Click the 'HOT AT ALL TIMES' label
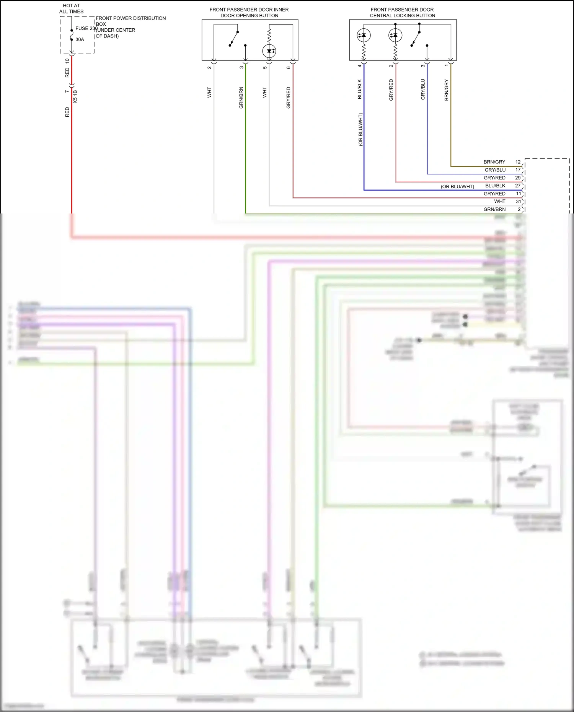[71, 8]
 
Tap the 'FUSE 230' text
[86, 28]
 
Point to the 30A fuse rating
[80, 39]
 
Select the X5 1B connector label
[75, 96]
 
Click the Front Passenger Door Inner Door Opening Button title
[249, 12]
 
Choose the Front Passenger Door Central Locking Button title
[402, 12]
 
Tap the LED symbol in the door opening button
[269, 51]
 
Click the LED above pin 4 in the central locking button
[364, 35]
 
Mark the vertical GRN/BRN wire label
[241, 98]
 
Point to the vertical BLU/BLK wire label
[359, 89]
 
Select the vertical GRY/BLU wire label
[423, 89]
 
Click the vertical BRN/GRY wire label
[446, 90]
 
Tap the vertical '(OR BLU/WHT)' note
[360, 129]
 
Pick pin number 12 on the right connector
[518, 162]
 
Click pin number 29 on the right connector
[518, 178]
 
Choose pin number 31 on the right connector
[518, 201]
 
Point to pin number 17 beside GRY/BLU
[518, 170]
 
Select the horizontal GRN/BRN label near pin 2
[494, 209]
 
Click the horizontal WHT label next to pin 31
[499, 201]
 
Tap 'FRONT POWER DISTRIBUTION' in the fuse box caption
[130, 18]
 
